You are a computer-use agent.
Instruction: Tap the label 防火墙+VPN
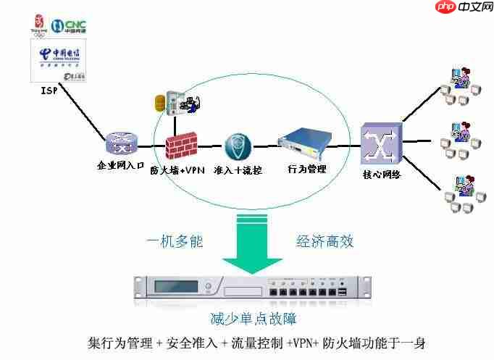pyautogui.click(x=177, y=170)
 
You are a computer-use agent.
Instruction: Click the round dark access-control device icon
pyautogui.click(x=237, y=147)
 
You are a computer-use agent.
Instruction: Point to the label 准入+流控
pyautogui.click(x=238, y=170)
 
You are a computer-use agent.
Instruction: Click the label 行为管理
pyautogui.click(x=307, y=169)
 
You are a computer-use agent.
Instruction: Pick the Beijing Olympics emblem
pyautogui.click(x=38, y=23)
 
